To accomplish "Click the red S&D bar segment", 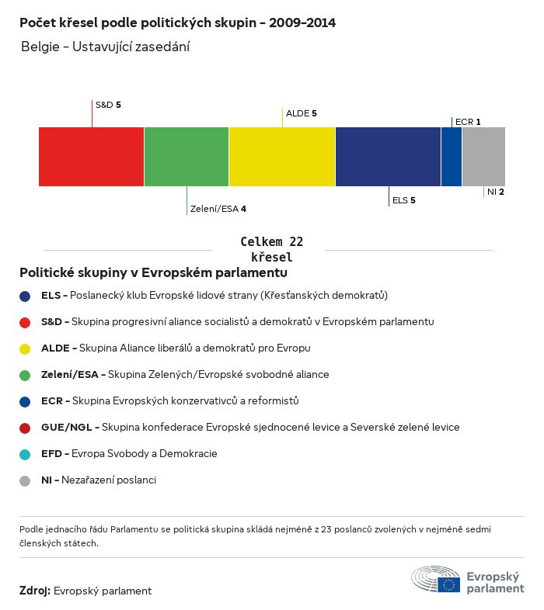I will tap(91, 157).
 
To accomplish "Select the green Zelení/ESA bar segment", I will tap(187, 157).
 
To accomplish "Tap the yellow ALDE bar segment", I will tap(282, 157).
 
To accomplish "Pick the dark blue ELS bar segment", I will tap(388, 157).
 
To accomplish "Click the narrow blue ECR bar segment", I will tap(452, 157).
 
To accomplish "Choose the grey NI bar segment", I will tap(483, 157).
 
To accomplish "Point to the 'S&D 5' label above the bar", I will tap(108, 104).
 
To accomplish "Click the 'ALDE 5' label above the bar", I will tap(302, 113).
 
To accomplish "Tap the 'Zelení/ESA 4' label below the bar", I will tap(218, 209).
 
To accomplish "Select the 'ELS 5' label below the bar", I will tap(403, 200).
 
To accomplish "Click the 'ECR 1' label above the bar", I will tap(468, 122).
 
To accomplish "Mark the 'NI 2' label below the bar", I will tap(496, 192).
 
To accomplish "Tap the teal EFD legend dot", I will tap(25, 454).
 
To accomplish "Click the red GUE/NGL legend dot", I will tap(25, 428).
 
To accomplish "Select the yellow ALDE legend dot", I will tap(25, 348).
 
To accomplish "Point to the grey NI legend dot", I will tap(25, 480).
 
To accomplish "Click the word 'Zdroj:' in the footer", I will tap(35, 591).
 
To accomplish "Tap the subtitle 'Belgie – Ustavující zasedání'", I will tap(106, 47).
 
